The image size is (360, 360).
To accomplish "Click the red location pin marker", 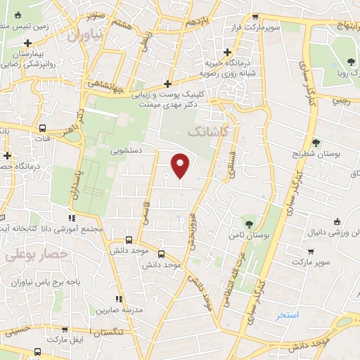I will pos(181,165).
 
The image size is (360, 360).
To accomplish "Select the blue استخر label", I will pos(287,315).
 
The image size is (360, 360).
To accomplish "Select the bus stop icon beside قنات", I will pos(44,129).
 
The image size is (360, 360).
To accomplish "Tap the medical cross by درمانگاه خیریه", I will pos(227,53).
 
